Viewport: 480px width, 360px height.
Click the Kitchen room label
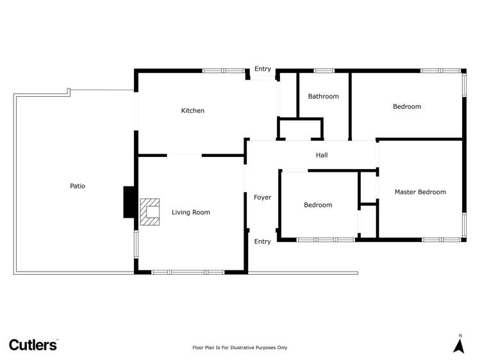[x=192, y=111]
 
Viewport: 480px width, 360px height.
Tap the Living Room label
[x=190, y=212]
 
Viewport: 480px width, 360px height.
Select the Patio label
[x=78, y=186]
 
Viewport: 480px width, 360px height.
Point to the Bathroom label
[x=323, y=97]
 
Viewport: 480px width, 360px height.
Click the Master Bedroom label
[x=420, y=192]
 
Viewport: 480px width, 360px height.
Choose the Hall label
[x=322, y=155]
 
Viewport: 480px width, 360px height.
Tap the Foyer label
[x=262, y=197]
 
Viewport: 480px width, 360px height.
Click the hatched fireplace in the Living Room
[x=150, y=211]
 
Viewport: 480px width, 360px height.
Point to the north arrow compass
[x=459, y=345]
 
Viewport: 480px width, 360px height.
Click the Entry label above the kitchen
[x=262, y=69]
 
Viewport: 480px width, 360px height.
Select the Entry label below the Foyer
[x=262, y=241]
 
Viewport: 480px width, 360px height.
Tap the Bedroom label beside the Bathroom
[x=406, y=106]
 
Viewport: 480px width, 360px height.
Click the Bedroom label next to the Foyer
[x=318, y=205]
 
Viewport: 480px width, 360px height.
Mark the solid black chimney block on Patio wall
[x=129, y=202]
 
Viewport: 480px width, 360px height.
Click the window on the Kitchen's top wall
[x=224, y=70]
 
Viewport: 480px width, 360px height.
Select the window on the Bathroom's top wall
[x=324, y=70]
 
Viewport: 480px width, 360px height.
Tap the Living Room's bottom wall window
[x=188, y=272]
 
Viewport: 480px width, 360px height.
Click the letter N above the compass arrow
[x=459, y=336]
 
